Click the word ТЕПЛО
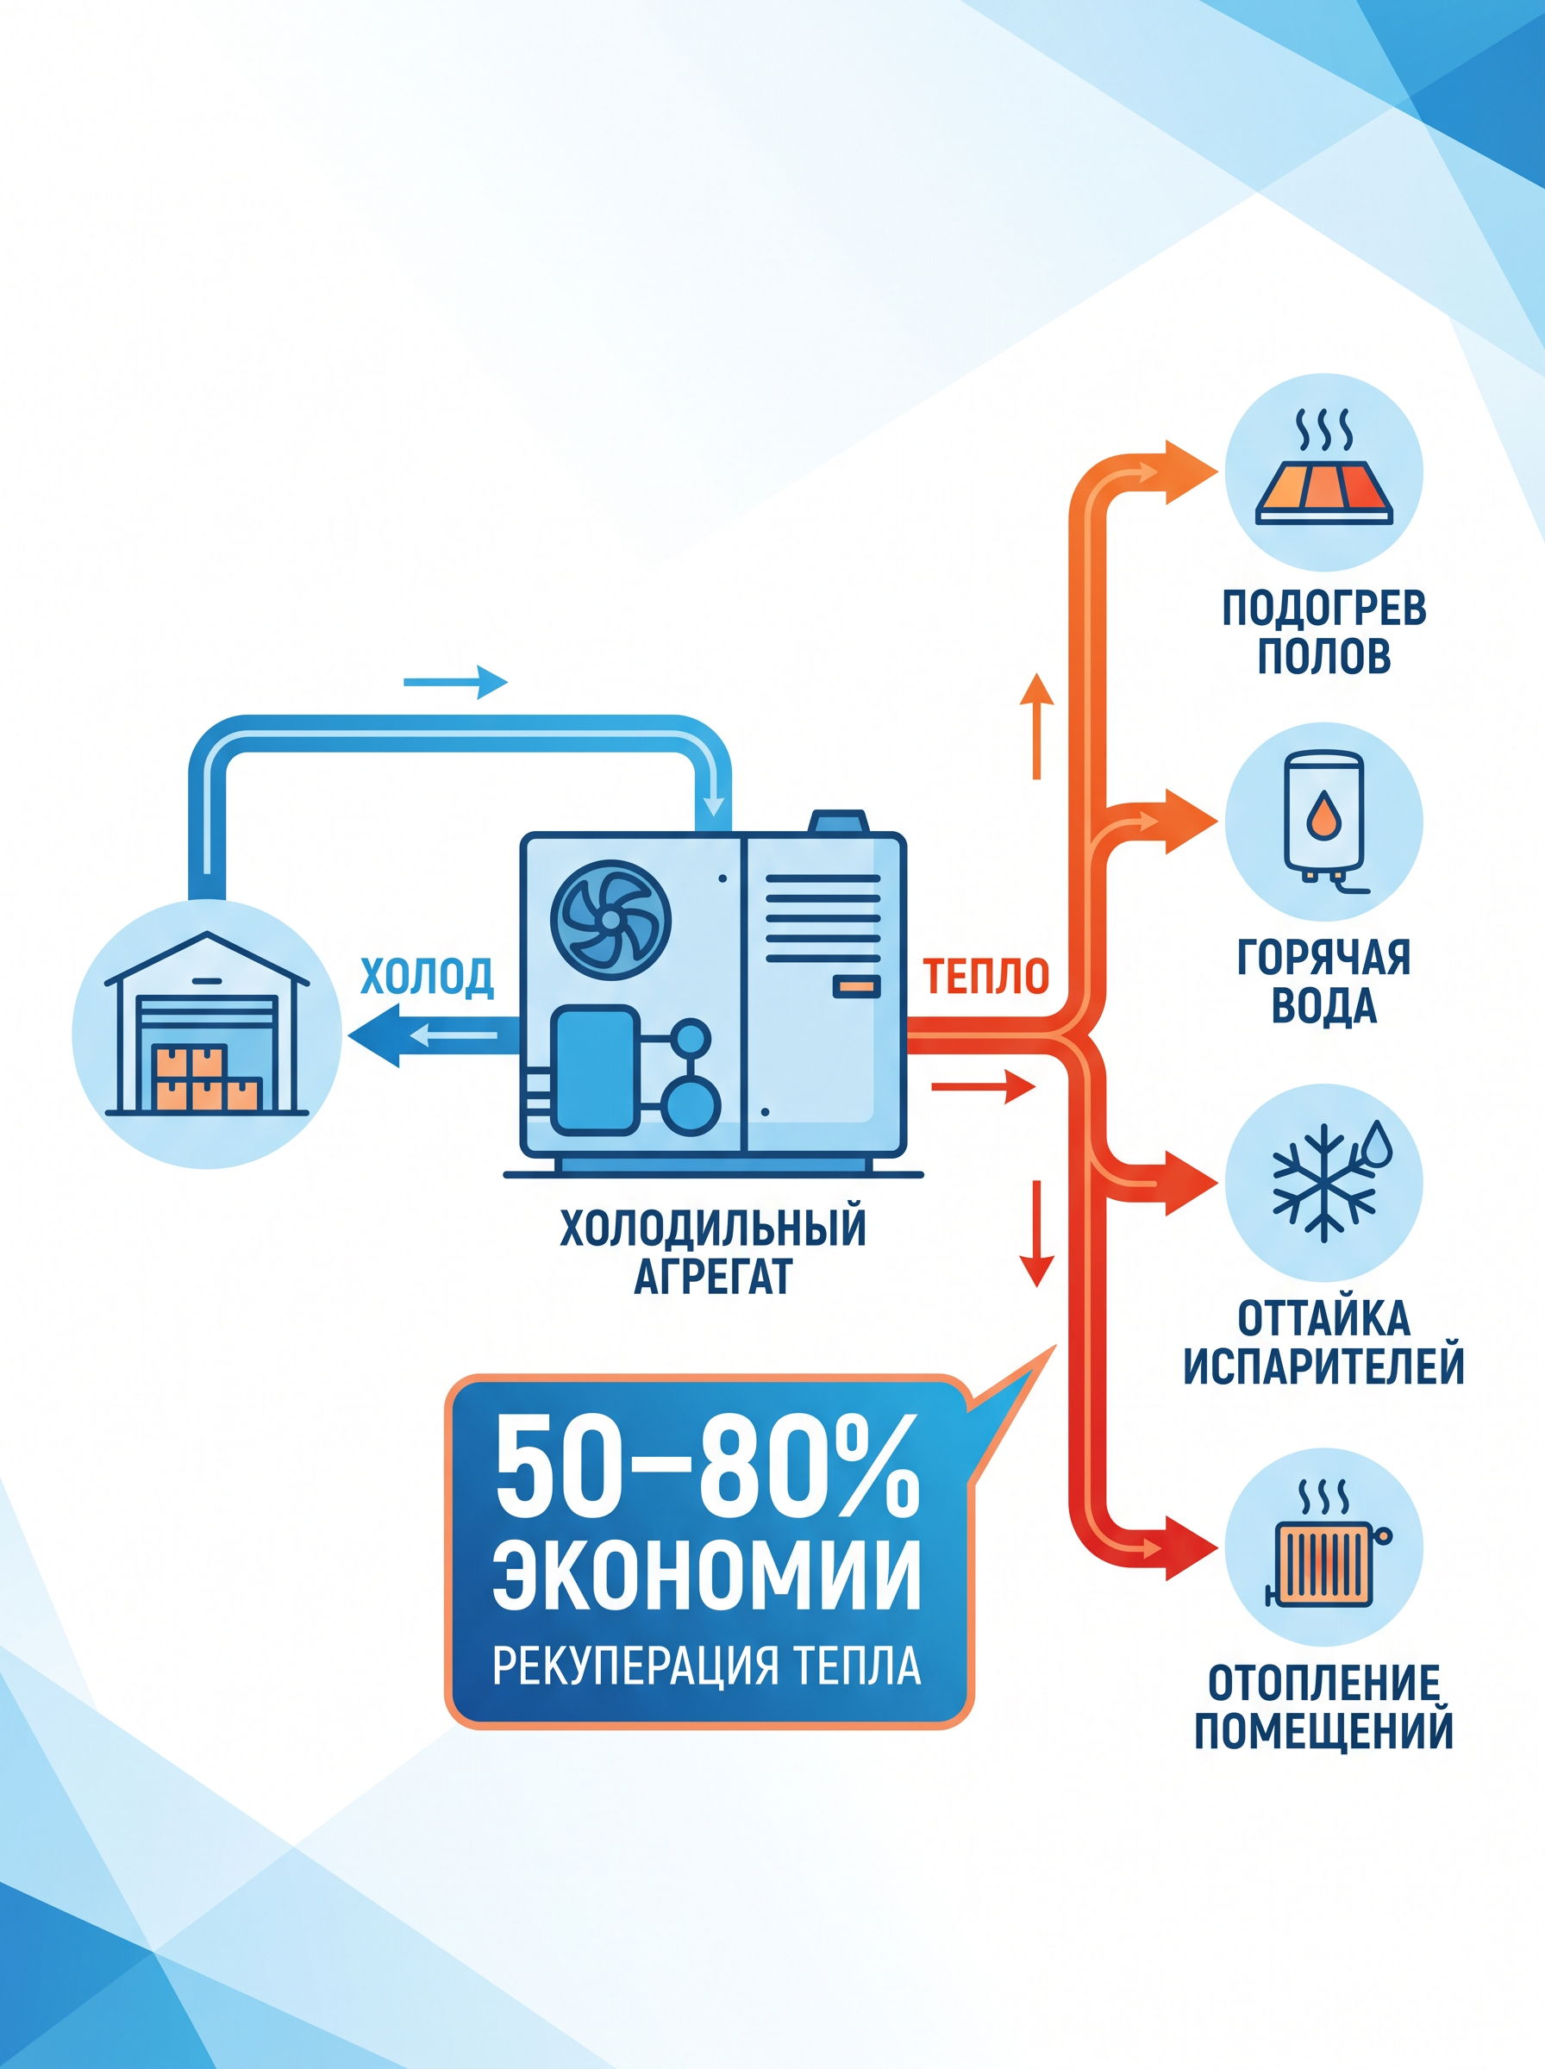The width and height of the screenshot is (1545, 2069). point(986,976)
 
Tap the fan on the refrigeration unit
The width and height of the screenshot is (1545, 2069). point(610,920)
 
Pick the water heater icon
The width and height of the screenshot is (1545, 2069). point(1324,822)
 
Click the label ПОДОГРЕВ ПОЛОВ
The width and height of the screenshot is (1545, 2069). point(1324,631)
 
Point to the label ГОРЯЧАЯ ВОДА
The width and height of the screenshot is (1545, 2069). point(1324,982)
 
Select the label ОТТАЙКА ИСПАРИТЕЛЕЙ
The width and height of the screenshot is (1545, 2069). point(1324,1342)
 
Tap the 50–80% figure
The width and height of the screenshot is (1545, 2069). point(707,1465)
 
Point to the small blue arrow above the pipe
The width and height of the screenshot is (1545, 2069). point(455,683)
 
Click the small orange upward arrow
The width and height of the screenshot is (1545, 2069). point(1036,726)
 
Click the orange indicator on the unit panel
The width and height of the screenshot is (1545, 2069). point(856,987)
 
